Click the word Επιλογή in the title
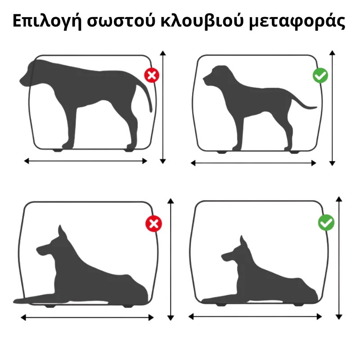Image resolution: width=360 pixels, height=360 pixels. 47,21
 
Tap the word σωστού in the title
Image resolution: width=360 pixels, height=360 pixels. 121,22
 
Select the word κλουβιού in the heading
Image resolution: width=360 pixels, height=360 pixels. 202,21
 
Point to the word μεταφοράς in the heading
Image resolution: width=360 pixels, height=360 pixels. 297,21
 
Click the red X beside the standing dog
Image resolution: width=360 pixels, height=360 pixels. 152,75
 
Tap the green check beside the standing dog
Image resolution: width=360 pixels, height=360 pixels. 320,75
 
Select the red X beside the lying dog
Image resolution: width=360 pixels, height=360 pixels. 153,224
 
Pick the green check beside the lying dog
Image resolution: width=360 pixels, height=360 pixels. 326,222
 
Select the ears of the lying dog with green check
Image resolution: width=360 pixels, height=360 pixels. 243,242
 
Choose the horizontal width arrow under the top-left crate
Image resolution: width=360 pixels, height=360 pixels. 85,161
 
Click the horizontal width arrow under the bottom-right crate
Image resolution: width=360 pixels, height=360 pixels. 255,317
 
